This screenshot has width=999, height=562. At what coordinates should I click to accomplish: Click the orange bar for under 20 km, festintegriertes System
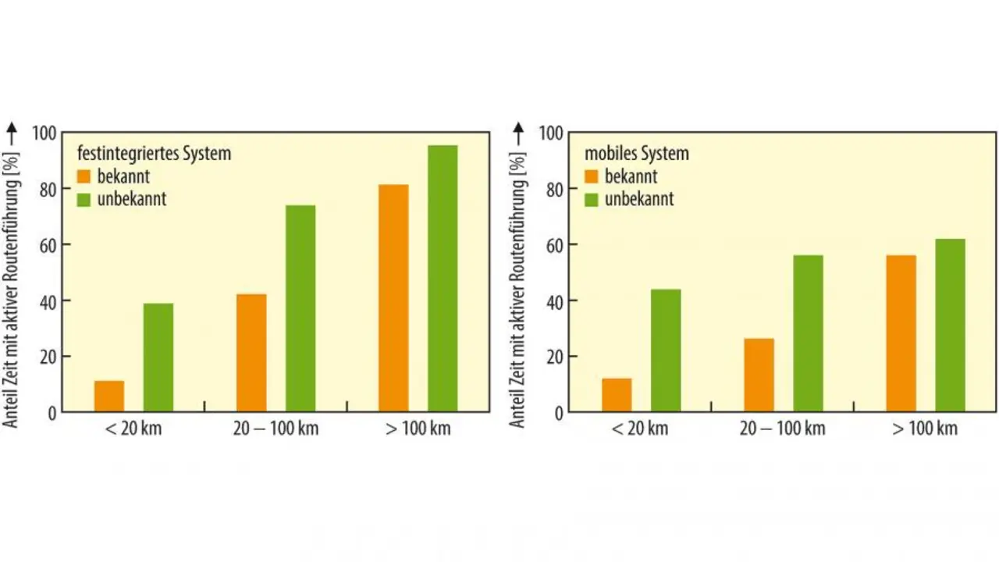(109, 396)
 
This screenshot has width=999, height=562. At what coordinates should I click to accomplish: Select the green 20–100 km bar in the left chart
(300, 308)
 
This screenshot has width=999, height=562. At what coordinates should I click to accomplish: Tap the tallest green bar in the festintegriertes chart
(443, 279)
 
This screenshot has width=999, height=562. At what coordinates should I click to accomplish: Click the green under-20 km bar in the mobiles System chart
(666, 350)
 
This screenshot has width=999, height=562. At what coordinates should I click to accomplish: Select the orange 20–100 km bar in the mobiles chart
(759, 375)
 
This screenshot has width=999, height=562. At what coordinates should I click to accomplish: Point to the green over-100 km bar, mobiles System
(950, 325)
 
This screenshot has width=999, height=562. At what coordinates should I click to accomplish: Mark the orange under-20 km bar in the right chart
(617, 395)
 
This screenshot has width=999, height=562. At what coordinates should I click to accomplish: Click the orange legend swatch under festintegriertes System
(84, 176)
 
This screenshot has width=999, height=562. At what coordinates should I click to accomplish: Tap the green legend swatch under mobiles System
(592, 199)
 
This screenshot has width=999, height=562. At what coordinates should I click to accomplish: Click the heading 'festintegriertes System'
(154, 154)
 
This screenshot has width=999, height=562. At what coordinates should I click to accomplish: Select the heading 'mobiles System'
(637, 154)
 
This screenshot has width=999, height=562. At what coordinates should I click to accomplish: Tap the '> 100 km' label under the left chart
(418, 429)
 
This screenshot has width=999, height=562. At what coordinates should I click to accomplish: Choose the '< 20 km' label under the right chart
(641, 429)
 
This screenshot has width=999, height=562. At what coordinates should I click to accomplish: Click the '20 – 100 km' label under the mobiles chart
(782, 429)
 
